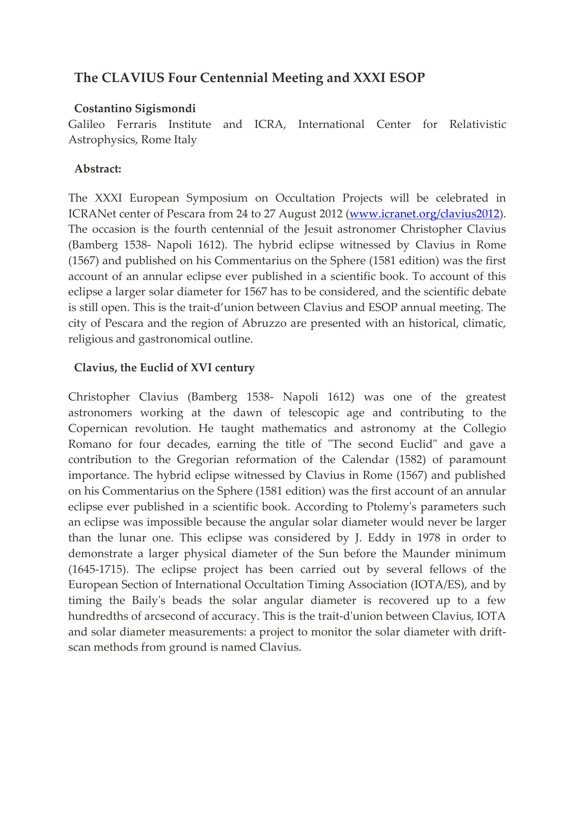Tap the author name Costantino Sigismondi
(135, 108)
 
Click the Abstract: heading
(98, 169)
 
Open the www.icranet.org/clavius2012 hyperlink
(424, 214)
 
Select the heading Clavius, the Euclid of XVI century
(164, 368)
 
